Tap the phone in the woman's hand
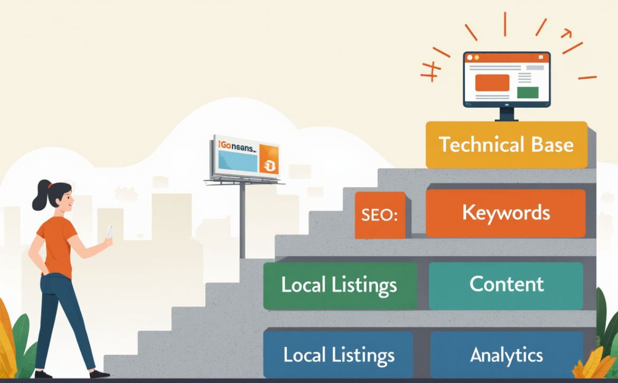pos(109,232)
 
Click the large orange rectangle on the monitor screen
pos(492,83)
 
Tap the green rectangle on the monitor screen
pos(527,92)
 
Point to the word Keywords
pos(505,213)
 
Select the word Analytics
pos(506,355)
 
